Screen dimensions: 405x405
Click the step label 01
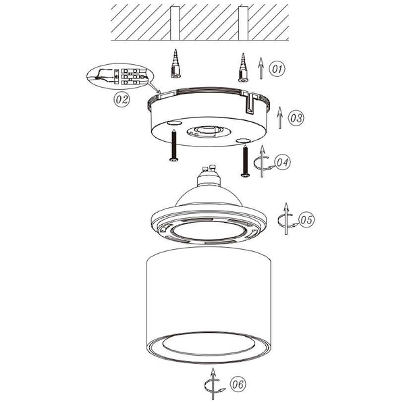coord(277,69)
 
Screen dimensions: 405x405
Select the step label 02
coord(122,99)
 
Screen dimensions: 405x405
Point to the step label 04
coord(283,163)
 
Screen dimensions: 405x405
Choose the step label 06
coord(237,385)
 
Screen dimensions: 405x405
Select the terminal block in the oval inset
coord(131,77)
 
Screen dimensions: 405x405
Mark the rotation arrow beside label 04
coord(261,162)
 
